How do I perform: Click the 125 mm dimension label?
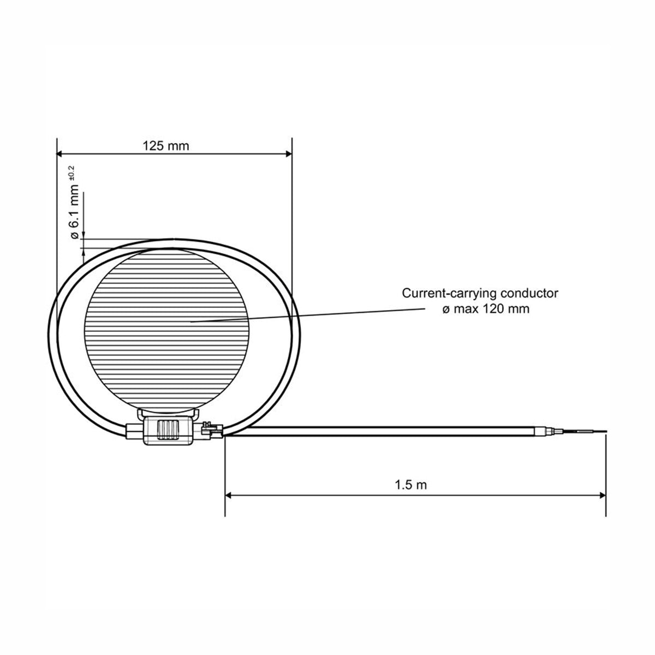(x=165, y=146)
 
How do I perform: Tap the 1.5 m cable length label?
(x=410, y=485)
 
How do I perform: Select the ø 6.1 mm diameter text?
(x=74, y=211)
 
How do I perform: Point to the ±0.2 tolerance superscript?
(x=72, y=172)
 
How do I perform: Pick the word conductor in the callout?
(x=529, y=293)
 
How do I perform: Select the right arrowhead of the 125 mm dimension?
(x=289, y=154)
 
